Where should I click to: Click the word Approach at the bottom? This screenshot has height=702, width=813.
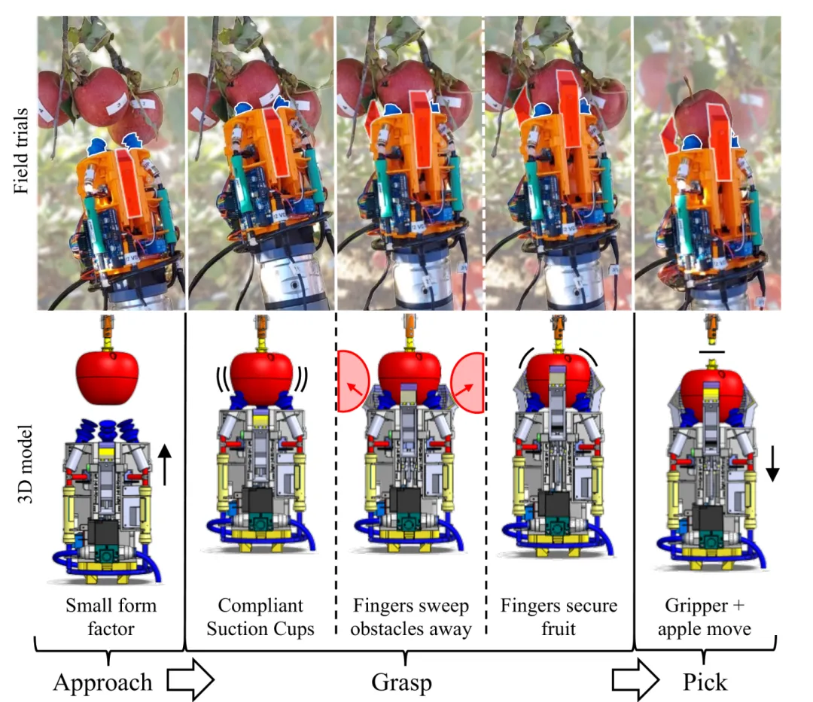click(102, 682)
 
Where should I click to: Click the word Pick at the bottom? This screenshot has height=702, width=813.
click(705, 682)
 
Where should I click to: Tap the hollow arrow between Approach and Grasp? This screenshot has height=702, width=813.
click(190, 682)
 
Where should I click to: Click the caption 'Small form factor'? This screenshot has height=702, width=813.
click(111, 616)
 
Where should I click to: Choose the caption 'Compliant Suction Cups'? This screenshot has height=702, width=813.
click(260, 616)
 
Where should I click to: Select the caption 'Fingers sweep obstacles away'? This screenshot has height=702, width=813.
click(411, 616)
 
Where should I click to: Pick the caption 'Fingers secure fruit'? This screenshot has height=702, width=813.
click(559, 616)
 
